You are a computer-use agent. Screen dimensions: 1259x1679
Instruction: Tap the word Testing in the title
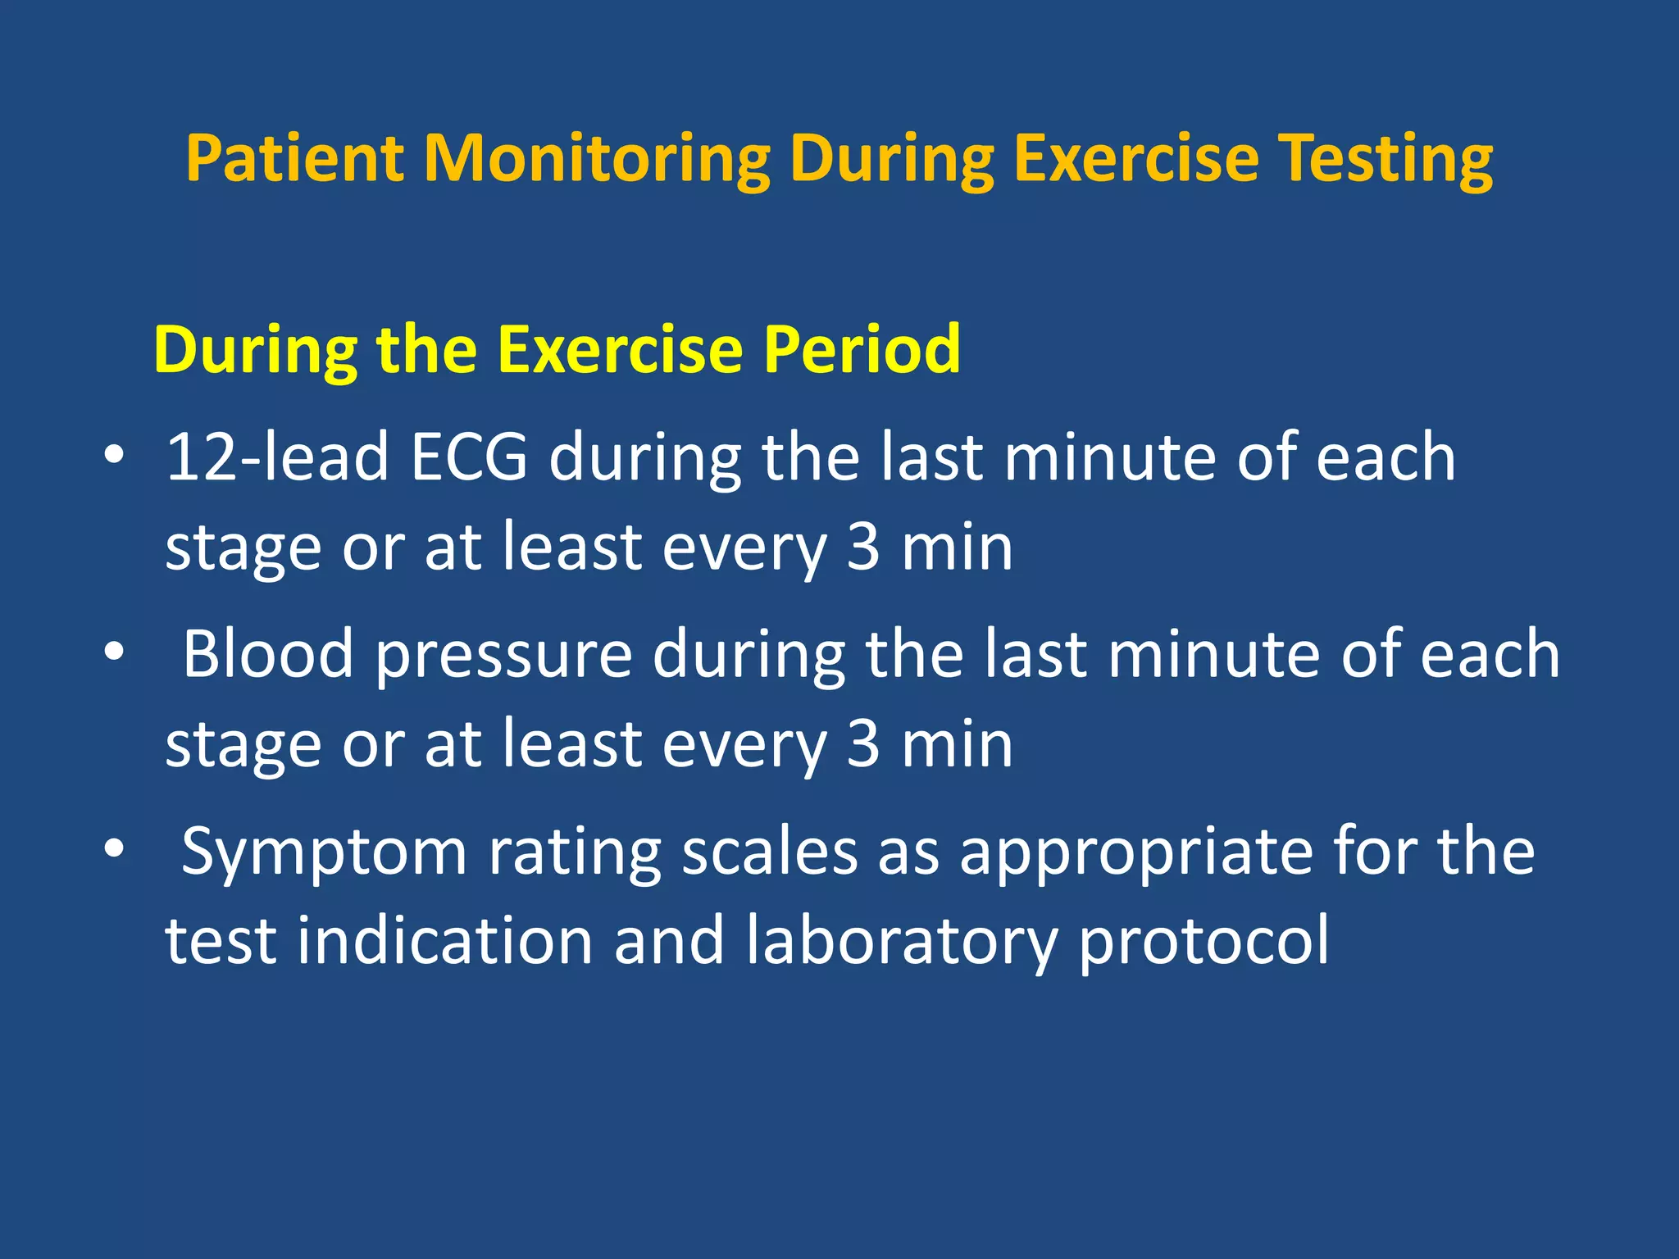[1386, 159]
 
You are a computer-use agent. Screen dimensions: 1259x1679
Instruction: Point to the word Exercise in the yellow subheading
[619, 349]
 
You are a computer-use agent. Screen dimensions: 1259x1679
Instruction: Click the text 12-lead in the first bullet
[277, 457]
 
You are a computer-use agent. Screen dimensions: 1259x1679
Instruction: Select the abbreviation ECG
[469, 457]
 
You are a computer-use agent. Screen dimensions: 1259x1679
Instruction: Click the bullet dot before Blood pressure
[114, 652]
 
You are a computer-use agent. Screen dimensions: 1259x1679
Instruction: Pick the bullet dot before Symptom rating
[114, 849]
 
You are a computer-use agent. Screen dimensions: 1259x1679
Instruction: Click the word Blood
[268, 653]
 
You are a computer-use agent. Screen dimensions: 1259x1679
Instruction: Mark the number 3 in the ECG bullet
[862, 547]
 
